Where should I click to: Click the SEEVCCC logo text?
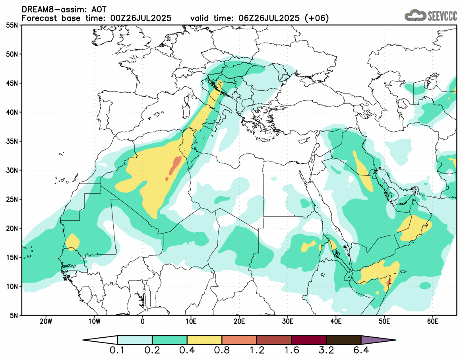(442, 16)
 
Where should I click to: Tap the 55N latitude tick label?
(12, 25)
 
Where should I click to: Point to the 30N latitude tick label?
(12, 170)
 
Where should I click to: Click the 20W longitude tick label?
(46, 321)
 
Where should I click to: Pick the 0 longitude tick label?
(143, 321)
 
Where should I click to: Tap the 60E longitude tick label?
(432, 321)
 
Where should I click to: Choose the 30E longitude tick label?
(287, 321)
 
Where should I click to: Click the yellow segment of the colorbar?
(204, 340)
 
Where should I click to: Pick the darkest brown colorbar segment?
(344, 340)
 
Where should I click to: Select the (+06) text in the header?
(317, 18)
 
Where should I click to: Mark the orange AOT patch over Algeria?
(174, 165)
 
